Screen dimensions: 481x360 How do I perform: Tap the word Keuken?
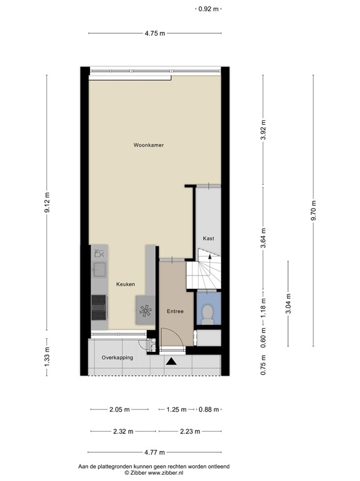[126, 284]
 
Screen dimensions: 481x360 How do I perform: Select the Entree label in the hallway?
[174, 311]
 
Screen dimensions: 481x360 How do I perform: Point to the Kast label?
[208, 239]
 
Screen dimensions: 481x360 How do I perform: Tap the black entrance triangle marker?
[172, 361]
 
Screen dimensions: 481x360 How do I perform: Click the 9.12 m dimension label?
[47, 206]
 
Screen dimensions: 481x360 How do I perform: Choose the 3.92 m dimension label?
[263, 130]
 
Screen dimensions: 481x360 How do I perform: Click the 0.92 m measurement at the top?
[208, 9]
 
